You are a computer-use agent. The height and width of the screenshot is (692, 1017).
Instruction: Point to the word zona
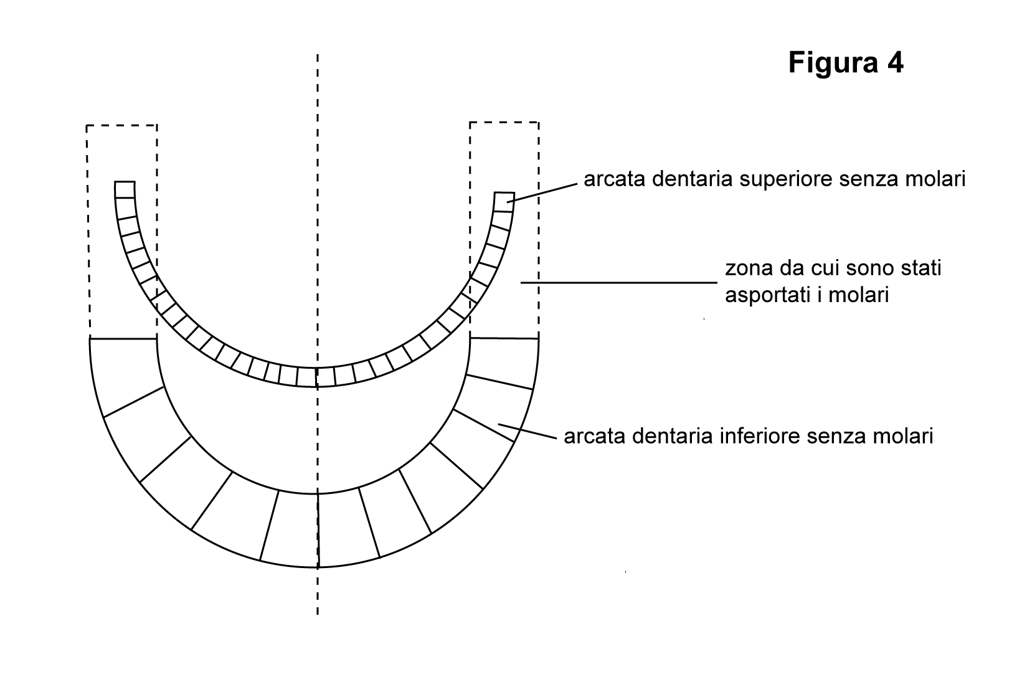coord(749,269)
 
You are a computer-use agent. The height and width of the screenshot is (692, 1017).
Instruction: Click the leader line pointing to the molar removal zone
coord(619,282)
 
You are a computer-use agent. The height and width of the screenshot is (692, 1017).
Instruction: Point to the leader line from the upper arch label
coord(542,192)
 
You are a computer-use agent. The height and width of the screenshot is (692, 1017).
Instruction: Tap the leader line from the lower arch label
coord(527,432)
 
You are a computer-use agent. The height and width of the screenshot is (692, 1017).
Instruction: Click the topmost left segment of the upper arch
coord(125,189)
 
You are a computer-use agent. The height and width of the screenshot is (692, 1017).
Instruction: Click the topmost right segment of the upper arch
coord(504,202)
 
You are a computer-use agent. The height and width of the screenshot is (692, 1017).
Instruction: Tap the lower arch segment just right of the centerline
coord(348,527)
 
